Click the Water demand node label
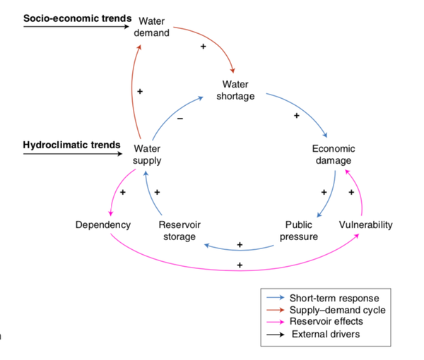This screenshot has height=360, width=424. coord(151,28)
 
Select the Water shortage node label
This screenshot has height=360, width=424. coord(234,90)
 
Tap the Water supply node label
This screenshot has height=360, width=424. coord(147,155)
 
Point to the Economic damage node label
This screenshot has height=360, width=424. coord(334,155)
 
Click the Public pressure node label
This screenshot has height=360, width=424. coord(298,231)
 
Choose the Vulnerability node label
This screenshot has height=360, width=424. coord(365,225)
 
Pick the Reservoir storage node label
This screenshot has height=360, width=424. coord(179,231)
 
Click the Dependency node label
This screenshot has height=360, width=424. coord(103,225)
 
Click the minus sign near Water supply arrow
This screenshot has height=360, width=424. coord(179,119)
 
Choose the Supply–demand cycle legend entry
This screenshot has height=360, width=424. coord(338,310)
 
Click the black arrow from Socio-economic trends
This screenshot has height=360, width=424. coord(76,27)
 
